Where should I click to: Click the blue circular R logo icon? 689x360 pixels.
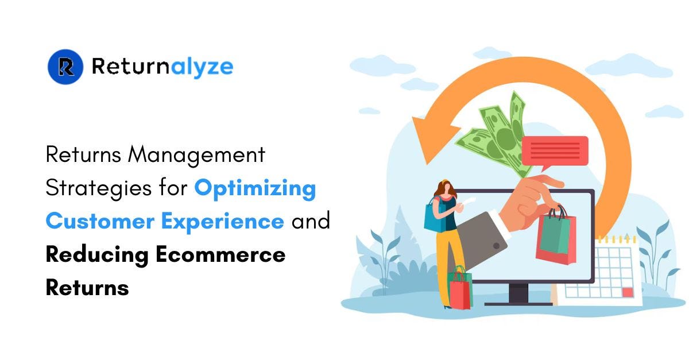(x=65, y=67)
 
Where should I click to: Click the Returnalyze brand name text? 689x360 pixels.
(x=162, y=67)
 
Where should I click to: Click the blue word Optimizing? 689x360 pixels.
(x=255, y=188)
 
